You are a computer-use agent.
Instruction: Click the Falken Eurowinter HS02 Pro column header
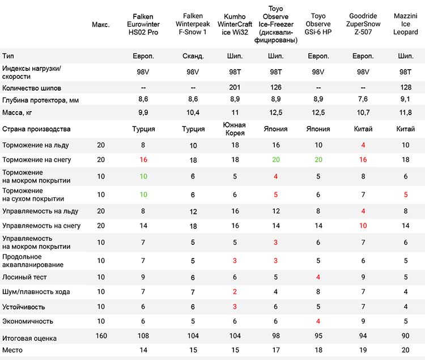point(143,24)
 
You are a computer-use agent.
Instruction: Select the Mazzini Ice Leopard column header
point(406,24)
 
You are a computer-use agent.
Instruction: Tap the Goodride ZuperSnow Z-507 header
point(363,24)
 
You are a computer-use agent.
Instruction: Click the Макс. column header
point(101,25)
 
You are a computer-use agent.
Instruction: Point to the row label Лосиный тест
point(24,277)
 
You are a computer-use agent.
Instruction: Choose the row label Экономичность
point(28,321)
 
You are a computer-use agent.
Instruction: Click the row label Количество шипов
point(32,88)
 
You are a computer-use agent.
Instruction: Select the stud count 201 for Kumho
point(235,87)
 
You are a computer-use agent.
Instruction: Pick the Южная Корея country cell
point(235,129)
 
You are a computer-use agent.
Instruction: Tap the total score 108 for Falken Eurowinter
point(143,336)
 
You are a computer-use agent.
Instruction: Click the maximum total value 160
point(101,336)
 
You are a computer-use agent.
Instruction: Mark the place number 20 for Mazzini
point(406,350)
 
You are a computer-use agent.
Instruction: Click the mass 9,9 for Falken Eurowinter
point(143,112)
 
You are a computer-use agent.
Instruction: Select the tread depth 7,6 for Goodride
point(363,99)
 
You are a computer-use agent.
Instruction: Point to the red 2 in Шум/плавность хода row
point(235,292)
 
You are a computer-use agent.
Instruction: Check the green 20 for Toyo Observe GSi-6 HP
point(318,160)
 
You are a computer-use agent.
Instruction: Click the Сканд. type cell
point(193,56)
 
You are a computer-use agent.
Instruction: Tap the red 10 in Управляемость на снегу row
point(363,226)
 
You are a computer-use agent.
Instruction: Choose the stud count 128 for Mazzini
point(406,87)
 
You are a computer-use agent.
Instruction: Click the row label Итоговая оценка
point(29,338)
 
